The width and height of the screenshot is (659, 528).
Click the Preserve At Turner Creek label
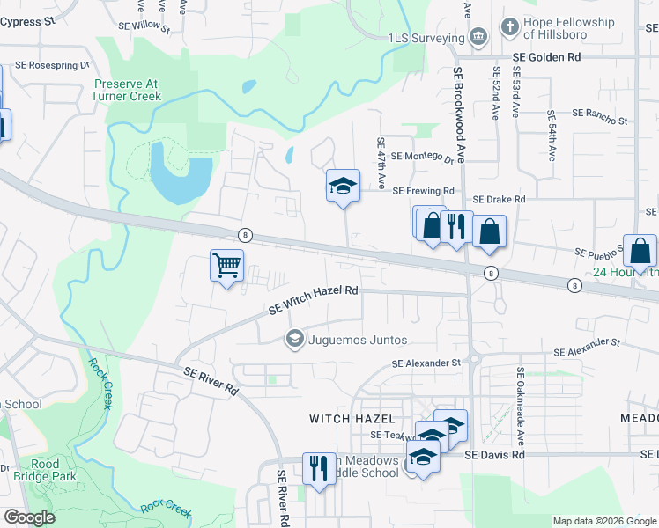click(x=128, y=91)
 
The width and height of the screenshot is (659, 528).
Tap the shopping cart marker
click(x=226, y=266)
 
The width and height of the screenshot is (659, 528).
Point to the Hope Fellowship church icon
click(x=508, y=27)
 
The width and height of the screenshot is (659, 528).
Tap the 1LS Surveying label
click(x=426, y=38)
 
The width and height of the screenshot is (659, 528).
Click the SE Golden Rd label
click(x=547, y=57)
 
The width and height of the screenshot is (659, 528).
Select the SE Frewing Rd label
click(x=423, y=191)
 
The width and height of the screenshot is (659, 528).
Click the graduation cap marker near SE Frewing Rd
click(x=342, y=187)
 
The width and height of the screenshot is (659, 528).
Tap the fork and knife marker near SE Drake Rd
click(x=455, y=228)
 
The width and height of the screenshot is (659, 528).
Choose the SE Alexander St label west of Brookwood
click(x=426, y=363)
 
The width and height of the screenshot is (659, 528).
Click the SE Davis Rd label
click(x=494, y=455)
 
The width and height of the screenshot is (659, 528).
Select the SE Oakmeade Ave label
click(x=520, y=405)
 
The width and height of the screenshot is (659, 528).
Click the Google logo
click(x=29, y=517)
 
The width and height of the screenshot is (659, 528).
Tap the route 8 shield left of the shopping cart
click(x=245, y=235)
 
